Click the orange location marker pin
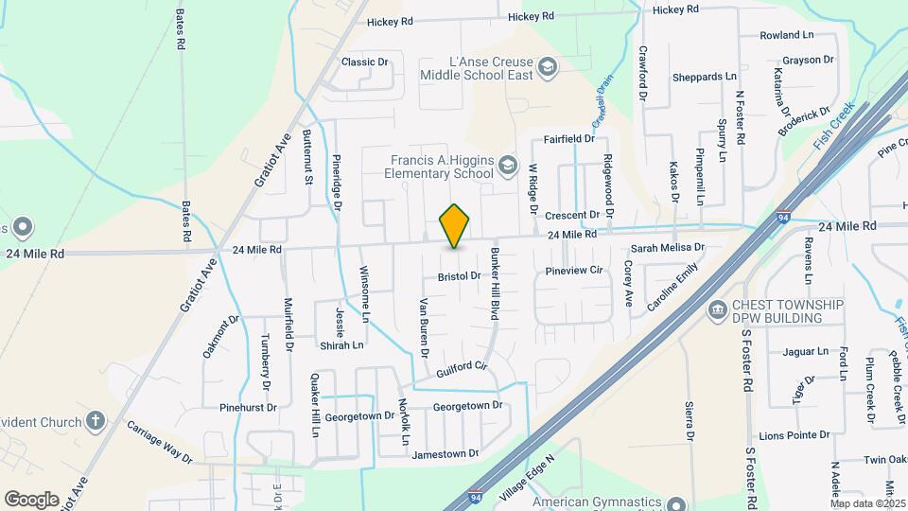[x=455, y=225]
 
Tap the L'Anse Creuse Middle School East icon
[x=547, y=67]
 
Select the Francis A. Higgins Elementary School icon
[x=508, y=167]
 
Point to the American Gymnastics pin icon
[x=676, y=504]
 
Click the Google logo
[x=31, y=499]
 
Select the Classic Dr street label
[x=365, y=62]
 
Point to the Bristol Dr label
[x=460, y=276]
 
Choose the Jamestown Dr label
[x=439, y=454]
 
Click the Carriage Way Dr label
[x=160, y=441]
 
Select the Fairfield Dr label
[x=568, y=139]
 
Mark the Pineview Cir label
[x=574, y=270]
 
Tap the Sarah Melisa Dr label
[x=668, y=248]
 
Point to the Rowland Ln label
[x=787, y=35]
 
